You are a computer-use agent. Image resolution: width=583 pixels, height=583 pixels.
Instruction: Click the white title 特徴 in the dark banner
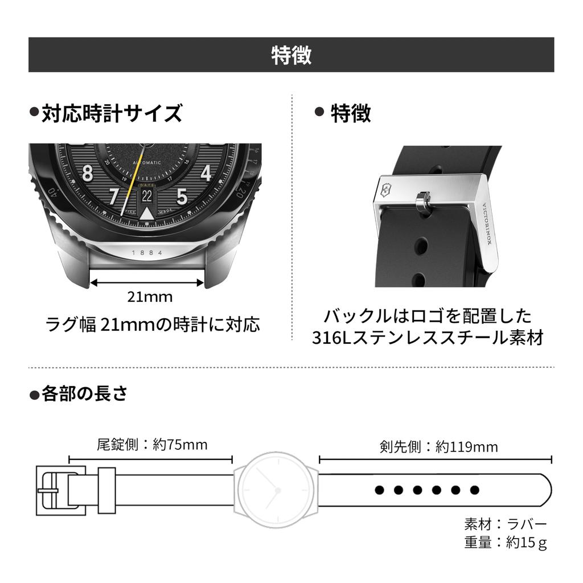click(291, 55)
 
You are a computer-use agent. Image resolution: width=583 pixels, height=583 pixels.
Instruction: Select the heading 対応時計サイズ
click(112, 113)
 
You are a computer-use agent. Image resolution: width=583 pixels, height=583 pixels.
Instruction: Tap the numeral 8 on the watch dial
click(87, 173)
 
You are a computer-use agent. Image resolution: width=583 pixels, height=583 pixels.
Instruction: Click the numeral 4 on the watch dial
click(206, 172)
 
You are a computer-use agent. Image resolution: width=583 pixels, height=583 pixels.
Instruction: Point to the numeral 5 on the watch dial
click(182, 196)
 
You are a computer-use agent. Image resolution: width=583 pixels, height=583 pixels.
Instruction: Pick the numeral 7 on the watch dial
click(113, 196)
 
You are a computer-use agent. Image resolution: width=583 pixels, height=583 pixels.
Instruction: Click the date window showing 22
click(147, 196)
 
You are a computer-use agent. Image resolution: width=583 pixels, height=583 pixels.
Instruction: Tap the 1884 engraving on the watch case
click(147, 252)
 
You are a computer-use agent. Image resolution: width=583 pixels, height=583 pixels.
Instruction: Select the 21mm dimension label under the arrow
click(149, 297)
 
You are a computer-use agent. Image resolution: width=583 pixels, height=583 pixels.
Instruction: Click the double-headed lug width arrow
click(147, 281)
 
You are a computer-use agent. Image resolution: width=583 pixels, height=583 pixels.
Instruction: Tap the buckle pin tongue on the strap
click(421, 202)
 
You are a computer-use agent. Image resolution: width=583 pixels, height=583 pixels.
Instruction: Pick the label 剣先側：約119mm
click(438, 447)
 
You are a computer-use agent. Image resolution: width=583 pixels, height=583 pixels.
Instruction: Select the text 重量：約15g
click(506, 542)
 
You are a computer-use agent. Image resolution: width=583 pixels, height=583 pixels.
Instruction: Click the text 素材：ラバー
click(506, 524)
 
